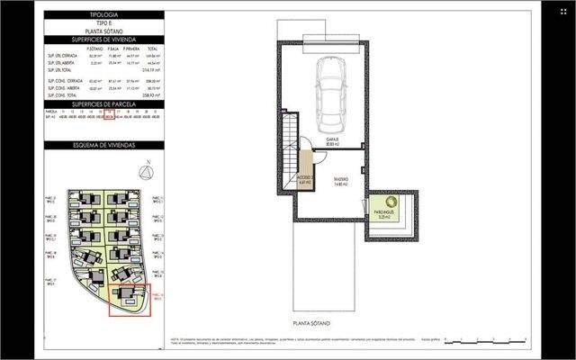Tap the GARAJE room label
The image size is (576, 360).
coord(332,142)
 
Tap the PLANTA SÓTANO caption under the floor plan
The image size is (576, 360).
coord(312,321)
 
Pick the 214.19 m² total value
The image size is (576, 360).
coord(156,70)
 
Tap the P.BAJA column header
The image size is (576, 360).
coord(112,50)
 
